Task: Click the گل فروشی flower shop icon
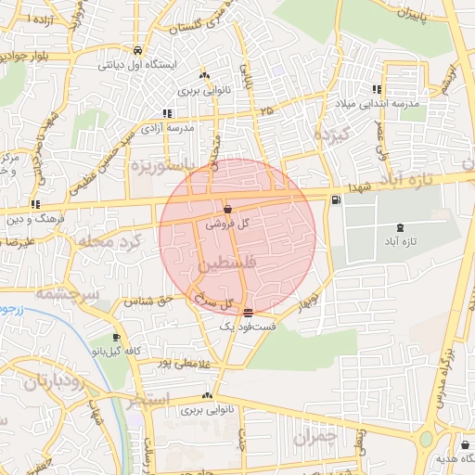(x=228, y=209)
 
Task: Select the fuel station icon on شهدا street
(x=335, y=198)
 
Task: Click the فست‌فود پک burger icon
(x=247, y=313)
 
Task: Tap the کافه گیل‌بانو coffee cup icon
(x=116, y=338)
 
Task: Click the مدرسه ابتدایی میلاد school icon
(x=377, y=89)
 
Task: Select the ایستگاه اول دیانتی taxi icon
(x=137, y=51)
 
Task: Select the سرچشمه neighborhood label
(x=67, y=293)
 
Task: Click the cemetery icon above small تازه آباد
(x=400, y=227)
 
